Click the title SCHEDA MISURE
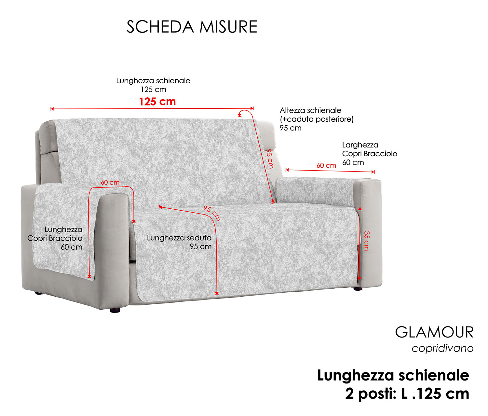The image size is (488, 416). pos(192,27)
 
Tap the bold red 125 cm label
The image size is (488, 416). pos(157,102)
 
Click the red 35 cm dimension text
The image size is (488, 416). pos(366,241)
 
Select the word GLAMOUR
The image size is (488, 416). pos(434,332)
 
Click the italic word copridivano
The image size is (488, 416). pos(442,348)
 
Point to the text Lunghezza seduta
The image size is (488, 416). pos(179,238)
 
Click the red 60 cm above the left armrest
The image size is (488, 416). pos(110,182)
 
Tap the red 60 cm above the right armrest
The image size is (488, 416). pos(326,165)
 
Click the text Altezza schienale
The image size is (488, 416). pos(310,110)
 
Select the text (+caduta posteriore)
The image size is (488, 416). pos(317,119)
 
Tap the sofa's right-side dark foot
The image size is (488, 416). pos(358,288)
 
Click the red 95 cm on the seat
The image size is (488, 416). pos(212,213)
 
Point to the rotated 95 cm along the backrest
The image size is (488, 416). pos(270,159)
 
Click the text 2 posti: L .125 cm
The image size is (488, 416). pos(407,394)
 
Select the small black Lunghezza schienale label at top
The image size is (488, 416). pos(153,81)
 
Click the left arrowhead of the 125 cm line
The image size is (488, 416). pos(52,109)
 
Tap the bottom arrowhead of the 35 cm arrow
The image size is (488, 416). pos(359,279)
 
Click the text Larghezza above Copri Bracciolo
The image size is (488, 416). pos(360,145)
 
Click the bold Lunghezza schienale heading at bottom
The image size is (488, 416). pos(393,375)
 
